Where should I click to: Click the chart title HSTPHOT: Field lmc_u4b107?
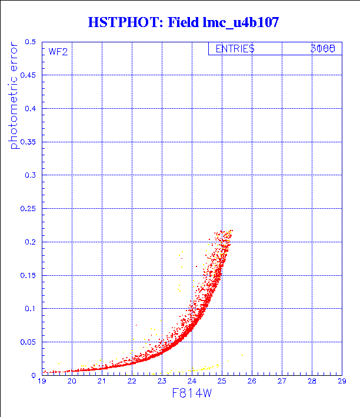click(183, 23)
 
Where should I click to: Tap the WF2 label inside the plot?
click(58, 51)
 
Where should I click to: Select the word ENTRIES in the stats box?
click(235, 49)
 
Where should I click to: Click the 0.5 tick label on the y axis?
click(31, 42)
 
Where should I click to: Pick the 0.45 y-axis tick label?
click(29, 75)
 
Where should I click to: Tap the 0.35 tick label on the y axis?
click(29, 142)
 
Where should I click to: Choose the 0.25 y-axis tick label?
click(29, 209)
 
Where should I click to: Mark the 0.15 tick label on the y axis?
click(29, 275)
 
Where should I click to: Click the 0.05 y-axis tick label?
click(29, 342)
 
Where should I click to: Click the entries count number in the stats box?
click(323, 49)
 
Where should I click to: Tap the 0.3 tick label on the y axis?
click(31, 175)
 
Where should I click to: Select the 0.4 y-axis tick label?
click(31, 109)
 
